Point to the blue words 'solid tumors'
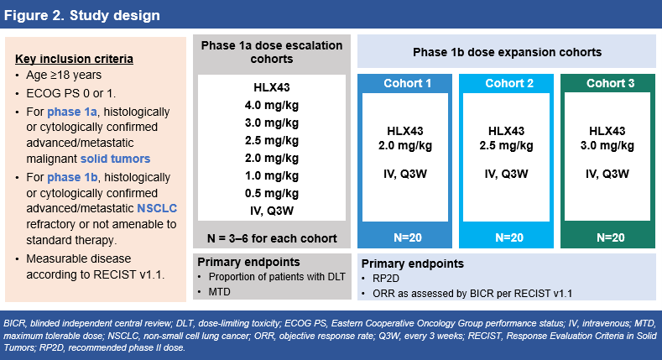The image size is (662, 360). pyautogui.click(x=116, y=159)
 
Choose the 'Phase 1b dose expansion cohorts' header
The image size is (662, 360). pyautogui.click(x=507, y=52)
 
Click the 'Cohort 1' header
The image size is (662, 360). pyautogui.click(x=407, y=83)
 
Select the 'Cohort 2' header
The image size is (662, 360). pyautogui.click(x=507, y=83)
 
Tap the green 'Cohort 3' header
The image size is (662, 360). pyautogui.click(x=605, y=83)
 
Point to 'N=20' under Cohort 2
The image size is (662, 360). pyautogui.click(x=507, y=237)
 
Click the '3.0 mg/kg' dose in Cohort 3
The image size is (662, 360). pyautogui.click(x=605, y=145)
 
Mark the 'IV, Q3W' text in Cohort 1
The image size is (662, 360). pyautogui.click(x=407, y=175)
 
